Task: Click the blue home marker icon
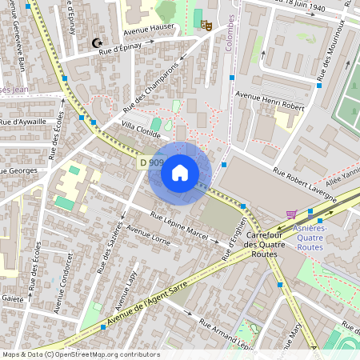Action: click(180, 173)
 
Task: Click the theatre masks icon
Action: click(206, 26)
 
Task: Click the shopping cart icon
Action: click(291, 214)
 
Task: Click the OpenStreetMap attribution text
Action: click(80, 354)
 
